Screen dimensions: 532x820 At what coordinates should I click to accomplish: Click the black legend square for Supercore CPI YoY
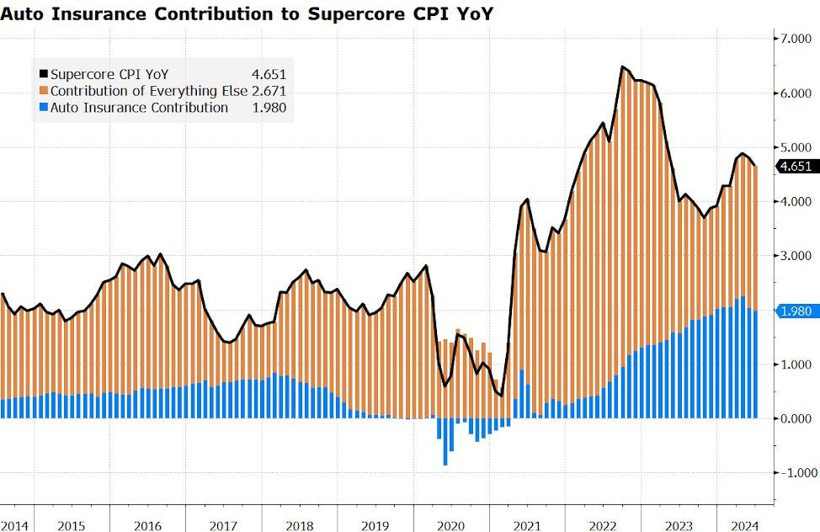pos(44,74)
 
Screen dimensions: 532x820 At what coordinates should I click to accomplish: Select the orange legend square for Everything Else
pos(44,91)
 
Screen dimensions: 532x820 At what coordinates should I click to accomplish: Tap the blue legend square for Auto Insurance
pos(44,108)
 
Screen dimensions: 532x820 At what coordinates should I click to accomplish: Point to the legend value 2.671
pos(269,91)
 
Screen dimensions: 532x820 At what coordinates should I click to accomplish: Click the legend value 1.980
pos(269,108)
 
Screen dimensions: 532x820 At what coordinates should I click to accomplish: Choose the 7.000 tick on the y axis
pos(796,39)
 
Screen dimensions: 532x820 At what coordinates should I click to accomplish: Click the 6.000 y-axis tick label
pos(796,93)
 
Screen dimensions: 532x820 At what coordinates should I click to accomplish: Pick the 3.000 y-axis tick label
pos(796,256)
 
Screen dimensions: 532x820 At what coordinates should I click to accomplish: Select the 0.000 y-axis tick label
pos(796,418)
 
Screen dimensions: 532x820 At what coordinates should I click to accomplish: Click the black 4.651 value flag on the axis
pos(796,167)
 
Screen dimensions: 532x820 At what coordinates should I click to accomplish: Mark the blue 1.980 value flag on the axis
pos(796,311)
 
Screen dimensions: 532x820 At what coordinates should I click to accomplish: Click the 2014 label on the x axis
pos(14,526)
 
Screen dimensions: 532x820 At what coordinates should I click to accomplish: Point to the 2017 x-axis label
pos(224,526)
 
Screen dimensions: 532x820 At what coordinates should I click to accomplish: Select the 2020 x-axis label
pos(451,526)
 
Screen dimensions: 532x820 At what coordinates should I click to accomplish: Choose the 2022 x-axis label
pos(603,526)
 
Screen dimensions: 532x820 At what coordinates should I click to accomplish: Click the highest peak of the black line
pos(622,66)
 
